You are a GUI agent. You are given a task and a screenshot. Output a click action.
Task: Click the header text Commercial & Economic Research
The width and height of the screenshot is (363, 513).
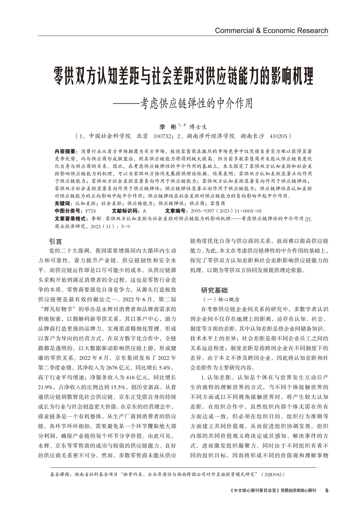click(x=271, y=31)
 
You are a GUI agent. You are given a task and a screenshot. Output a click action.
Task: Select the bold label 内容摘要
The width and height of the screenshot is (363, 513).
click(x=65, y=151)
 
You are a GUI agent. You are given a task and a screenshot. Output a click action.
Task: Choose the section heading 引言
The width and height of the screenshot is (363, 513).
click(x=56, y=241)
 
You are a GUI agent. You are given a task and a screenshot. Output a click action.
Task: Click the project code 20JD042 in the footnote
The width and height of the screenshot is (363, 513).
click(x=273, y=475)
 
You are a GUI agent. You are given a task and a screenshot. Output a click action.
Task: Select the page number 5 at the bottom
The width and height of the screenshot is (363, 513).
click(x=327, y=490)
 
